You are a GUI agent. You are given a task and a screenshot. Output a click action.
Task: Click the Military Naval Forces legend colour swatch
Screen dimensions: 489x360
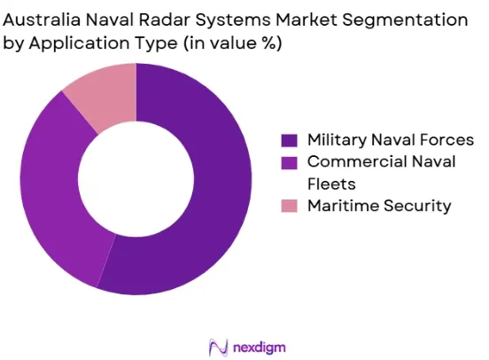pos(289,140)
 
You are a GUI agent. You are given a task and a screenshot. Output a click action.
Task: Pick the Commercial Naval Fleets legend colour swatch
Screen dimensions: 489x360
pos(289,163)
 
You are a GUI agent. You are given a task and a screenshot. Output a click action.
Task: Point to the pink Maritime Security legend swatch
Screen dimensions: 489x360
pos(289,206)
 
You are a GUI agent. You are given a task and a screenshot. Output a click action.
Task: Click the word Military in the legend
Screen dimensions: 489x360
pos(337,140)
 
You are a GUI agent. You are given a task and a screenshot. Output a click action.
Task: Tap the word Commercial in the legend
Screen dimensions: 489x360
pos(357,161)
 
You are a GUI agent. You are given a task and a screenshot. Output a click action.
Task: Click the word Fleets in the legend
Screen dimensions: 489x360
pos(331,184)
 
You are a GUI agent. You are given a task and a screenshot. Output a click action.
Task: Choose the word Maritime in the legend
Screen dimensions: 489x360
pos(343,206)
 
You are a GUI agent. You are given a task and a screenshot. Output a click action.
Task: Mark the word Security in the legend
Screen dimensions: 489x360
pos(417,207)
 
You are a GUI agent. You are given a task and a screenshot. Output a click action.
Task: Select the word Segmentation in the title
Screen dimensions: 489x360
pos(405,20)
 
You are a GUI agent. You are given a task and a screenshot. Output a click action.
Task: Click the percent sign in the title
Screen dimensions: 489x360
pos(267,43)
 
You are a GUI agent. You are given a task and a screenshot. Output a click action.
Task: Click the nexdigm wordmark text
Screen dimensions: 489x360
pos(260,348)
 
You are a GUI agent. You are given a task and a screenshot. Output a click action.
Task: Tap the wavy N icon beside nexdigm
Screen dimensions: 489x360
pos(218,348)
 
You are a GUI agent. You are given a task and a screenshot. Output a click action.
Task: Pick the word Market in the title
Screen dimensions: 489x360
pos(307,20)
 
